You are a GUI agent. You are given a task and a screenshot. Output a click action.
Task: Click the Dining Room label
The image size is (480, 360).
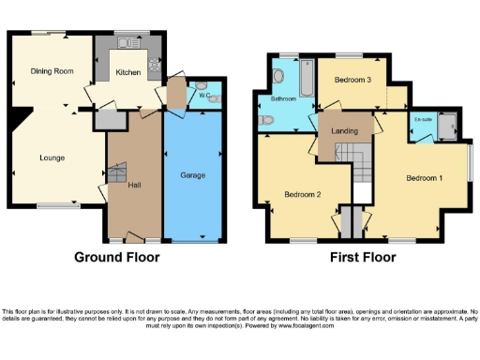tap(52, 71)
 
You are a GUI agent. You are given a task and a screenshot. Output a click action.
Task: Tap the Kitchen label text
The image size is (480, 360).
tap(128, 71)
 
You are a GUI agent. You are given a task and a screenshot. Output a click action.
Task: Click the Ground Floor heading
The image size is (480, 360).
tap(117, 257)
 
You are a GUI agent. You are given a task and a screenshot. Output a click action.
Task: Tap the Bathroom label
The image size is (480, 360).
tap(283, 97)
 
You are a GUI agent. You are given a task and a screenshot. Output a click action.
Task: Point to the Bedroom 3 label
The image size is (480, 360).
tap(355, 81)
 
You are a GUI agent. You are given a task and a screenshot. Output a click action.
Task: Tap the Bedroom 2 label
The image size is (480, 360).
tap(304, 196)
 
